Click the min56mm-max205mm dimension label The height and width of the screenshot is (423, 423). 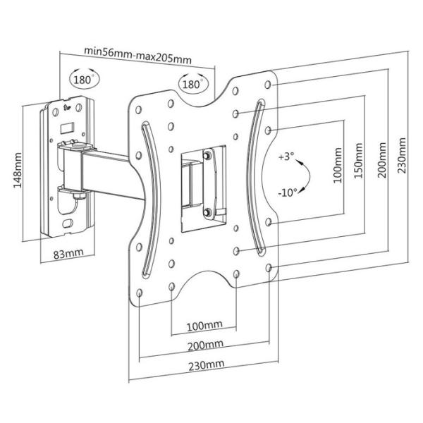coord(138,56)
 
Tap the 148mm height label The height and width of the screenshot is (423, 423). coord(18,170)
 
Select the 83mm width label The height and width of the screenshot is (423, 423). coord(68,254)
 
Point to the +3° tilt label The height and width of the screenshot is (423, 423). coord(286,157)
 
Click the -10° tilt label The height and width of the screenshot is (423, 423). coord(288,192)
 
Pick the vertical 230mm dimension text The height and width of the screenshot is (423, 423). coord(401,156)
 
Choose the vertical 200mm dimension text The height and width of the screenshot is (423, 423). coord(381,160)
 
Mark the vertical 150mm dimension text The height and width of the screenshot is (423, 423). coord(358,161)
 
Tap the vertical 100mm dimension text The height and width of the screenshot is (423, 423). coord(337,165)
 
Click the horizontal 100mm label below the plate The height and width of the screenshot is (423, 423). coord(204,326)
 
